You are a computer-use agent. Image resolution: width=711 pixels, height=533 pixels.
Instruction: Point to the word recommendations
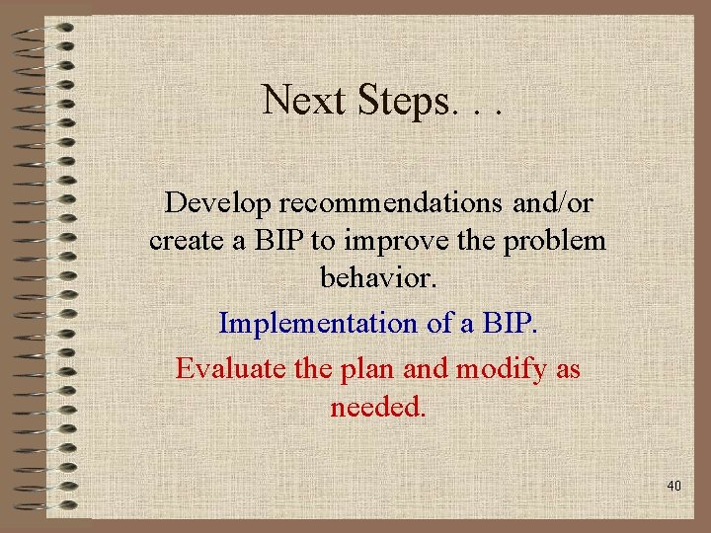pyautogui.click(x=393, y=202)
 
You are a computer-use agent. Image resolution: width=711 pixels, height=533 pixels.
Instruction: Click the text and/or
pyautogui.click(x=554, y=202)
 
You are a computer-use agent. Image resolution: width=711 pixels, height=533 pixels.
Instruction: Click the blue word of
pyautogui.click(x=413, y=323)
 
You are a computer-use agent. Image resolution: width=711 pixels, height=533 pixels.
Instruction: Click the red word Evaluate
pyautogui.click(x=230, y=369)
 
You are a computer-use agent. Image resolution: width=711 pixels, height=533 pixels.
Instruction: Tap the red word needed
pyautogui.click(x=378, y=407)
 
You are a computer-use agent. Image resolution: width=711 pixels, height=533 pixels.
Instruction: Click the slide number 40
pyautogui.click(x=674, y=487)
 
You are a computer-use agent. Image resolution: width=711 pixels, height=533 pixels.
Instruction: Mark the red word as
pyautogui.click(x=566, y=370)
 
